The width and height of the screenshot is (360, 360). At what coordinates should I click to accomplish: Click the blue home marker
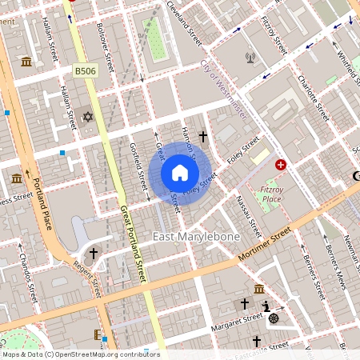pos(180,173)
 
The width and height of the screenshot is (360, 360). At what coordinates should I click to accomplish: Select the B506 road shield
pos(86,71)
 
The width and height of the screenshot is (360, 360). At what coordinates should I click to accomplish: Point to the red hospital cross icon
pos(281,164)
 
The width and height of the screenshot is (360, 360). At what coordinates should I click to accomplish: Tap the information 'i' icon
pos(266,306)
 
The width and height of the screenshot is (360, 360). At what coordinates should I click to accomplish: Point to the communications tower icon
pos(250,58)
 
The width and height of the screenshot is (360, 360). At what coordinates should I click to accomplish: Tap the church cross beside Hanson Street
pos(203,137)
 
